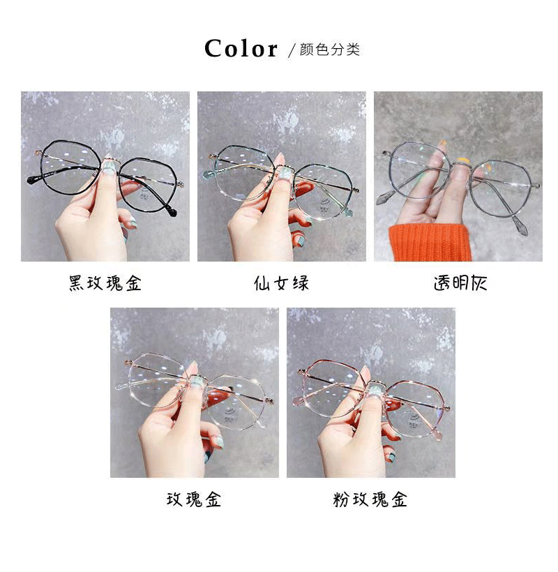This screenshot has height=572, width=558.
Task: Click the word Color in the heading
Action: click(x=241, y=49)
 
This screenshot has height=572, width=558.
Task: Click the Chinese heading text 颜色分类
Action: click(x=329, y=50)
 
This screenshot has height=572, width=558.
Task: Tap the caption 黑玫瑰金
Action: click(x=105, y=283)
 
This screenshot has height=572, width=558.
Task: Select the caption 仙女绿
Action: click(x=281, y=283)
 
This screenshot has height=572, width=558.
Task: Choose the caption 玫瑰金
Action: click(x=194, y=499)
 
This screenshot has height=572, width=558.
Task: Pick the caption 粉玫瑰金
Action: click(x=370, y=499)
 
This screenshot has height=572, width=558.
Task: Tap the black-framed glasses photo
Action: click(x=105, y=176)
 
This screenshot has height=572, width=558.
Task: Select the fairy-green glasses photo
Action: click(x=281, y=176)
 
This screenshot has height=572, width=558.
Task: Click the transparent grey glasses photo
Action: click(x=458, y=176)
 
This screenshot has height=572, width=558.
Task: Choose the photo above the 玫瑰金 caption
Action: click(x=194, y=393)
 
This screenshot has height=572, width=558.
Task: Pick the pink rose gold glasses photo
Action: click(x=370, y=393)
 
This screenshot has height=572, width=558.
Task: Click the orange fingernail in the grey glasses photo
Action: click(x=442, y=145)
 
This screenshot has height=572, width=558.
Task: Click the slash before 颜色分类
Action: click(x=292, y=50)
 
